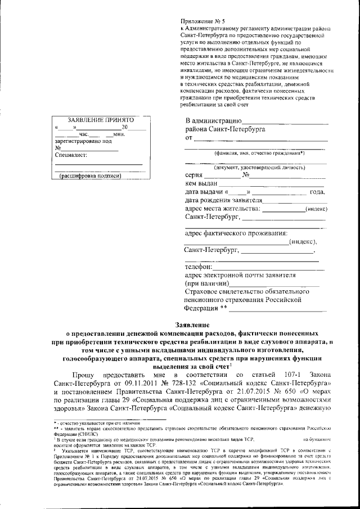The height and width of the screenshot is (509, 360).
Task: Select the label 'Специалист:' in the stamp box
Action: pyautogui.click(x=71, y=155)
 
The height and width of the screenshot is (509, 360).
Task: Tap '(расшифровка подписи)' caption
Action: pyautogui.click(x=91, y=176)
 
